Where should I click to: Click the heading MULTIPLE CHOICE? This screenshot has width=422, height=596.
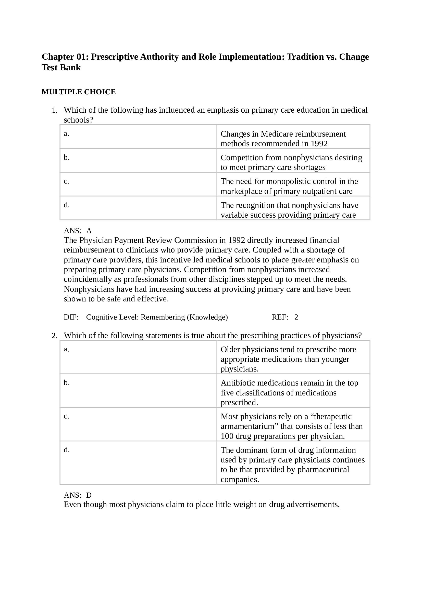[79, 92]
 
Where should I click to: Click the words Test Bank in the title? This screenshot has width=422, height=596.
[61, 68]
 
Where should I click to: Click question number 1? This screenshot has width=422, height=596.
[54, 111]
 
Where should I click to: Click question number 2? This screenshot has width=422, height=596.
[54, 336]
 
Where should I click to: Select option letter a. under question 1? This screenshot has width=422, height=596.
[67, 134]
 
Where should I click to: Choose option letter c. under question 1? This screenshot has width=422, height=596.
[67, 181]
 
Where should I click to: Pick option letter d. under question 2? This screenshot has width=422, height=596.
[67, 450]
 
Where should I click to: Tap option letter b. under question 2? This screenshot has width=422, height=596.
[67, 383]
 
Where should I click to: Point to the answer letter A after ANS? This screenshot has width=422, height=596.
[89, 231]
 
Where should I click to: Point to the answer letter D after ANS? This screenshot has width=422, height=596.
[89, 495]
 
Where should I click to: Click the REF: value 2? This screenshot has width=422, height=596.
[296, 317]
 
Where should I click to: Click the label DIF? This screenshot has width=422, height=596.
[71, 317]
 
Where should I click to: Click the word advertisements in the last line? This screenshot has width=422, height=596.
[313, 505]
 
